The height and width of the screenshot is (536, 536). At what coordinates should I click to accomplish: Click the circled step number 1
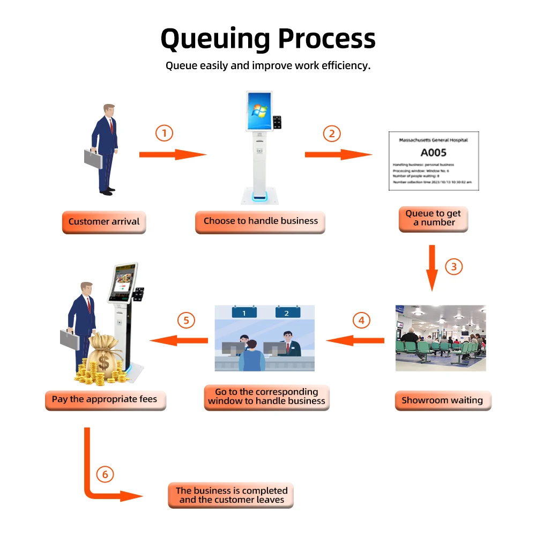tap(165, 133)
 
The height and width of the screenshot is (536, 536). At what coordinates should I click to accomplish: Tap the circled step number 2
tap(331, 133)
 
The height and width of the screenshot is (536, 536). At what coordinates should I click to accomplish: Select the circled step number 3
tap(454, 266)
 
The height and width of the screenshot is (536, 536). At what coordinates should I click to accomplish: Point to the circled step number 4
tap(361, 321)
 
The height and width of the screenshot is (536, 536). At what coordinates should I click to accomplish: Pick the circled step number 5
tap(186, 321)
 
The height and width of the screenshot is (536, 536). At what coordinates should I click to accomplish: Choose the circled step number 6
tap(105, 474)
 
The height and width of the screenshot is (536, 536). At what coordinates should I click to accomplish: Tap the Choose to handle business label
tap(260, 221)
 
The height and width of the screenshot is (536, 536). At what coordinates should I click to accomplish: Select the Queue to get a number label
tap(433, 218)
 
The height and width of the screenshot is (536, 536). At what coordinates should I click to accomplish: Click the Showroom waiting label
tap(443, 400)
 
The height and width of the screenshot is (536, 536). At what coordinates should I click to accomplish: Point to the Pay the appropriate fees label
tap(105, 399)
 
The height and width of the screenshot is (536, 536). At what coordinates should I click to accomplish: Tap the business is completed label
tap(232, 495)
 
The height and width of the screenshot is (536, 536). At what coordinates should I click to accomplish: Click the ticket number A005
tap(433, 153)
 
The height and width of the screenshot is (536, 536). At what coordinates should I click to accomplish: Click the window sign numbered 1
tap(244, 312)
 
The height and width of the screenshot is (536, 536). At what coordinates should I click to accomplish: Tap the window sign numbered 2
tap(286, 312)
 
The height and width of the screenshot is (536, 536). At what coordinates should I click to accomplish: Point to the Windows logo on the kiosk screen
tap(259, 110)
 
